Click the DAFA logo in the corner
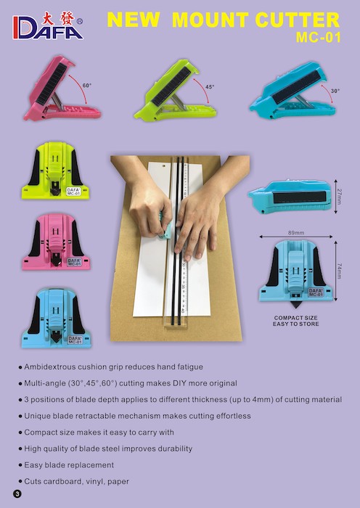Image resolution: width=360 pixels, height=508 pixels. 48,26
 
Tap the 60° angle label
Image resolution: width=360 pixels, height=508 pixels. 87,86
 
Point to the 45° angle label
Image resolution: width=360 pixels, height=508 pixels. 210,87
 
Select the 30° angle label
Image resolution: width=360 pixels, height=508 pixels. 335,91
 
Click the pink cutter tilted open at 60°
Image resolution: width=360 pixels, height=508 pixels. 62,89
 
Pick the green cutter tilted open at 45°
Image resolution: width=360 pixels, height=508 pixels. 175,90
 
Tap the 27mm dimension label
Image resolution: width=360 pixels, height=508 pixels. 339,197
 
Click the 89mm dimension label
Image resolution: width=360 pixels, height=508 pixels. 296,233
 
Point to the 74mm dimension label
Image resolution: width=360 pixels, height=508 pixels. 339,271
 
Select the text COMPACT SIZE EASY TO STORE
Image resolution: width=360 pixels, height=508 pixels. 295,321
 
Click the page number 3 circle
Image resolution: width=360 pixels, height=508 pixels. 17,494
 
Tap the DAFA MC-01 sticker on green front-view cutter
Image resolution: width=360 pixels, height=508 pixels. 73,192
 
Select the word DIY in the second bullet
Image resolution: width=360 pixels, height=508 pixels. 179,383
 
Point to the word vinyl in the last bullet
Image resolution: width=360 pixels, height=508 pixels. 94,481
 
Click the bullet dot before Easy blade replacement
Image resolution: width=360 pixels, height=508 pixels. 20,465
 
